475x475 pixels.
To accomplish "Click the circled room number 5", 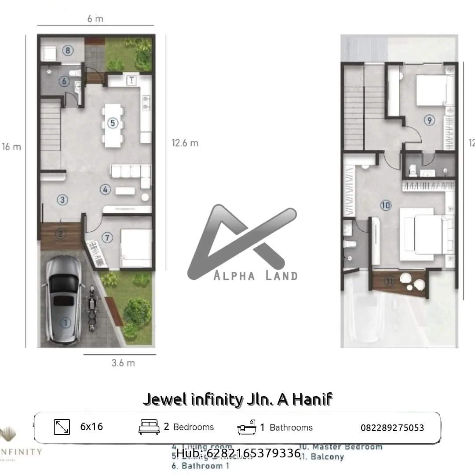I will [113, 123].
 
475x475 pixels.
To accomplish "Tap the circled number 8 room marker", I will [68, 51].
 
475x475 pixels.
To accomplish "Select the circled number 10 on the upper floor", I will [386, 205].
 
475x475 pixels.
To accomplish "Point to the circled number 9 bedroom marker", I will [429, 120].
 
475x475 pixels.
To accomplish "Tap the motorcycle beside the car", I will [92, 309].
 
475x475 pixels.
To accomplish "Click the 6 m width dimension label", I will [95, 19].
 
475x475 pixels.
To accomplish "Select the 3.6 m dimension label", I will [123, 363].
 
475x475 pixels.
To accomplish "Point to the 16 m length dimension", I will [11, 147].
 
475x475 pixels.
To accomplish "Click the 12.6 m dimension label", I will [185, 143].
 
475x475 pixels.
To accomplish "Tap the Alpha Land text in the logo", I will [255, 276].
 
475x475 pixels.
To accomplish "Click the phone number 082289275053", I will [392, 427].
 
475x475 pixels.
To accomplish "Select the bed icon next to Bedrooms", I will [149, 427].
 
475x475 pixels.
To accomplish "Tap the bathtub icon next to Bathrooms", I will [247, 427].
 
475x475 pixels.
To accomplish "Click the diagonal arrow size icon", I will [62, 427].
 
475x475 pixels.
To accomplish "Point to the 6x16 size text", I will [91, 427].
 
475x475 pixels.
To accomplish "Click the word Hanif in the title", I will [312, 399].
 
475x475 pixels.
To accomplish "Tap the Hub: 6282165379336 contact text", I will [238, 453].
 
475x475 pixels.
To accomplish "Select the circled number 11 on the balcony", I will [389, 281].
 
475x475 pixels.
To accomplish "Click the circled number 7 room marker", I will [107, 237].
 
